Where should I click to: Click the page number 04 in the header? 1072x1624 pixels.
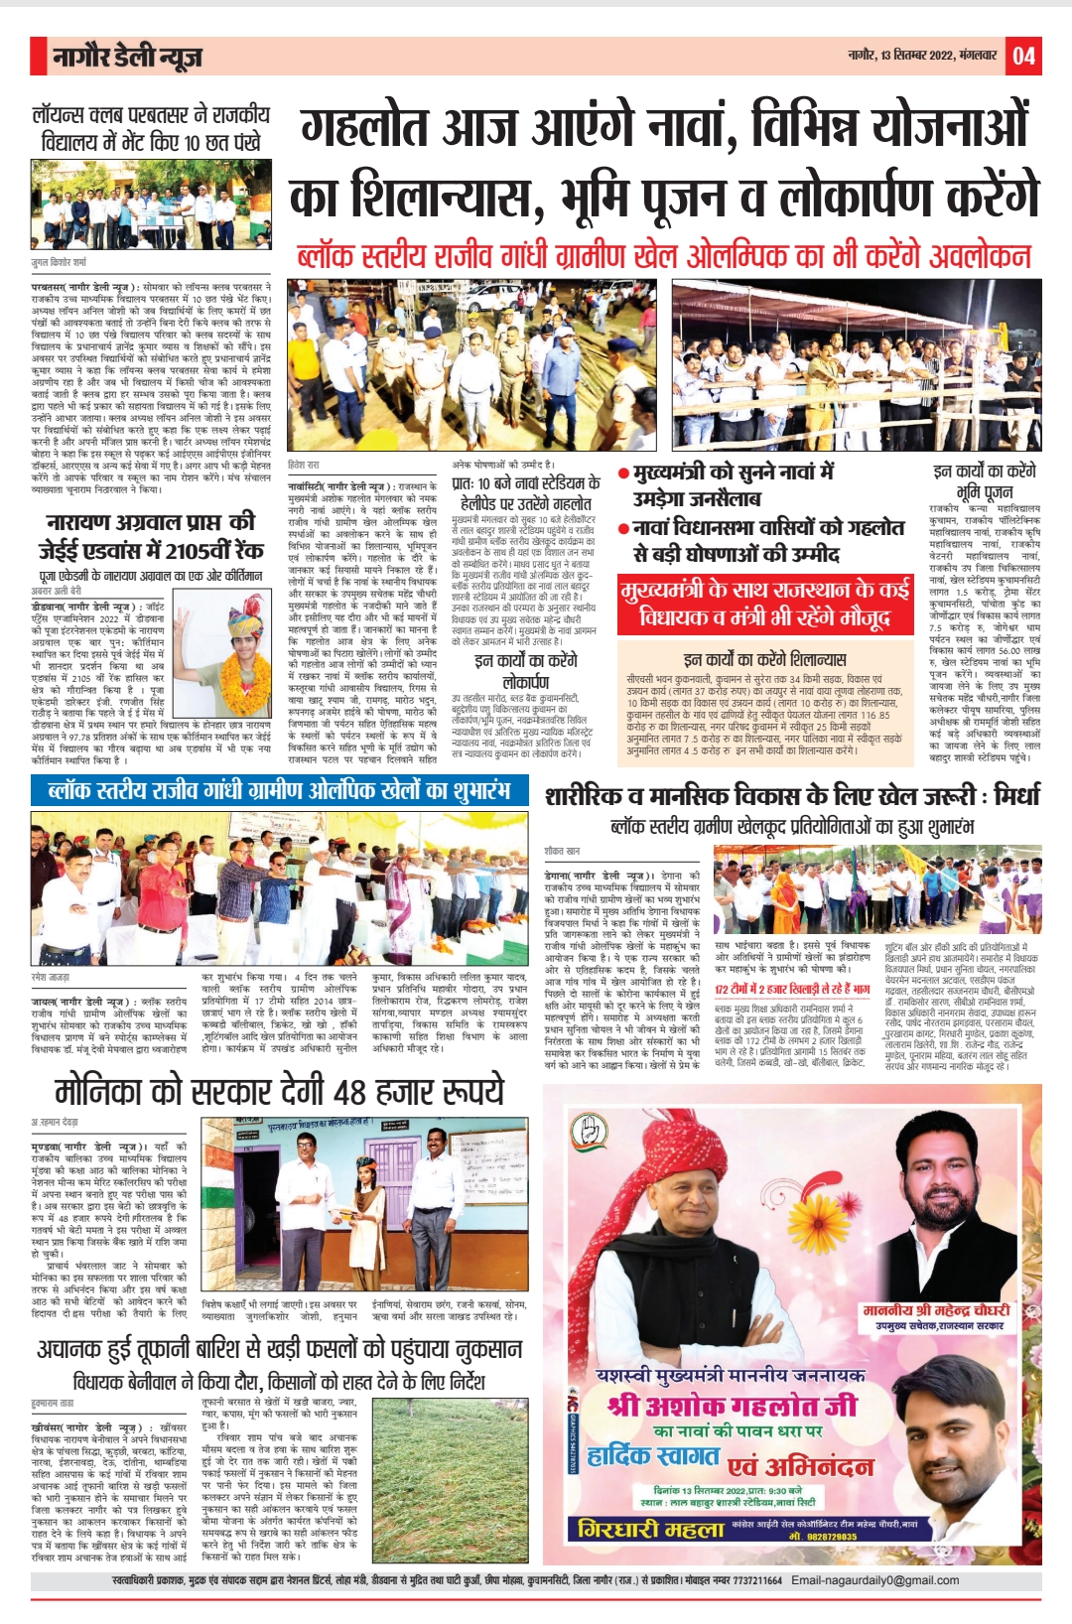(1023, 56)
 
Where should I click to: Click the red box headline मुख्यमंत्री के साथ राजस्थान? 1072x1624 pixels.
(764, 604)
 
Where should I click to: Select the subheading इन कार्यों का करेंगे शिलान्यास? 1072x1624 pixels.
(764, 659)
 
